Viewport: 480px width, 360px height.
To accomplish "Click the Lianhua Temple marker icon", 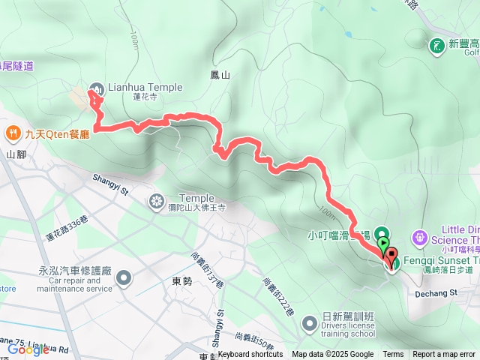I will click(99, 88).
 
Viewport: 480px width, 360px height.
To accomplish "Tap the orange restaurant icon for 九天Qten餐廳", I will click(13, 134).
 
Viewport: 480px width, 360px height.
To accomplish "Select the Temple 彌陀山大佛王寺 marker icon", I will click(157, 200).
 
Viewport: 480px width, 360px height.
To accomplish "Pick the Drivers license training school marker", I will click(309, 324).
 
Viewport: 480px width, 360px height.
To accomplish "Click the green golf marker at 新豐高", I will click(436, 46).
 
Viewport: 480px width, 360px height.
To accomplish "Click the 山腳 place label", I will click(16, 154).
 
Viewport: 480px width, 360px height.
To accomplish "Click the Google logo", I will click(28, 349).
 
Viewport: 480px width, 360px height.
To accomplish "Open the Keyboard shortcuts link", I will click(250, 355).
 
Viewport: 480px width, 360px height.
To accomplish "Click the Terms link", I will click(393, 355).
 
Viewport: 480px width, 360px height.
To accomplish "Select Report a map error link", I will click(445, 355).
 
